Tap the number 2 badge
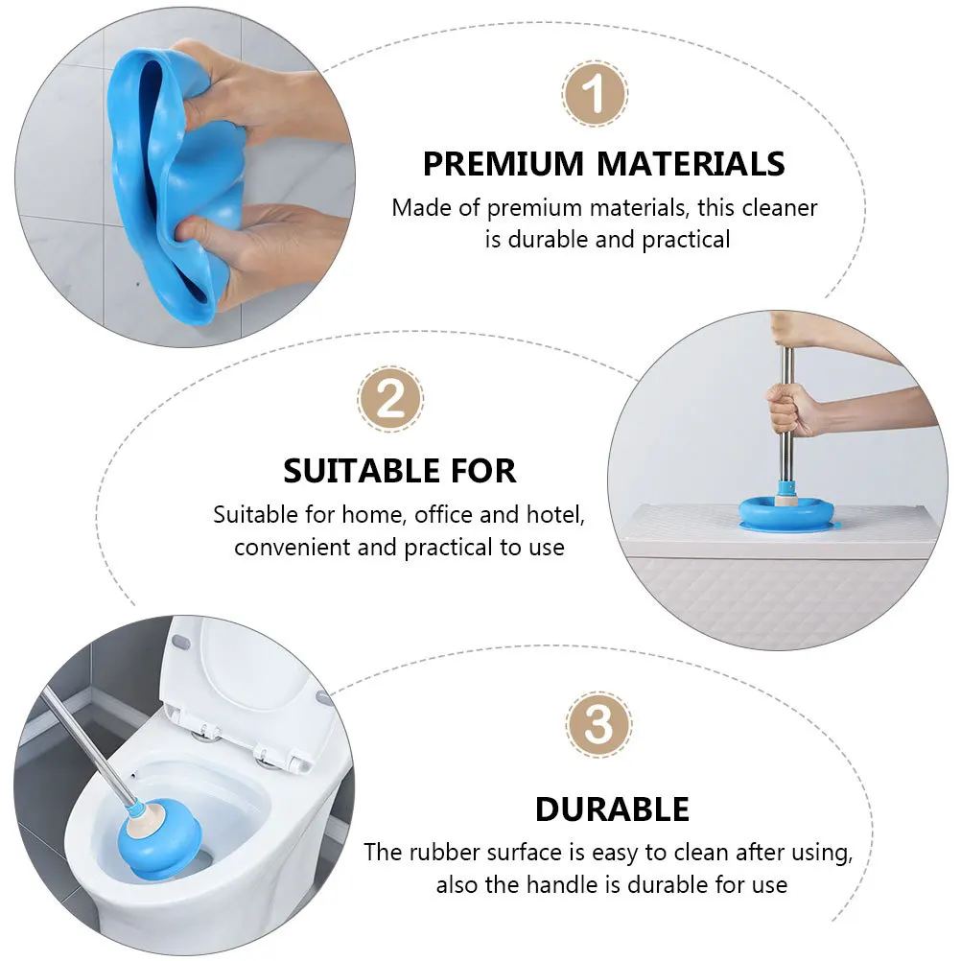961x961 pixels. coord(390,400)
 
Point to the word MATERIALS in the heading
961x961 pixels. coord(691,164)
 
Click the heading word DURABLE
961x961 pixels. coord(612,809)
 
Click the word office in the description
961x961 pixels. coord(445,515)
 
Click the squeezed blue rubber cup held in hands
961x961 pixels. coord(174,182)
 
